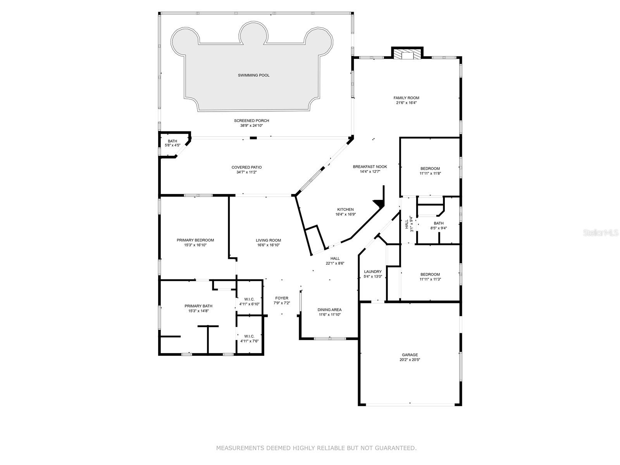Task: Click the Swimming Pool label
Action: pyautogui.click(x=253, y=75)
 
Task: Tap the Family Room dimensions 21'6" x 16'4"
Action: pyautogui.click(x=406, y=103)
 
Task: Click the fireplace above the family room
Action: pyautogui.click(x=407, y=55)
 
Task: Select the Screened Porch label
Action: pyautogui.click(x=251, y=121)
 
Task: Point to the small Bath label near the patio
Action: pyautogui.click(x=172, y=141)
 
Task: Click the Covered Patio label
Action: pyautogui.click(x=246, y=167)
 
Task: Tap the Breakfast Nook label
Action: pyautogui.click(x=370, y=167)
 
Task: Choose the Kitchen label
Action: pyautogui.click(x=345, y=209)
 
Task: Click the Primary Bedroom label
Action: pyautogui.click(x=195, y=240)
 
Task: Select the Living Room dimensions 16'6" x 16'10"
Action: pyautogui.click(x=268, y=245)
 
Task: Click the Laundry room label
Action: pyautogui.click(x=373, y=272)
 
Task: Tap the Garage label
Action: pyautogui.click(x=410, y=355)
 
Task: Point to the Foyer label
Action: pyautogui.click(x=282, y=298)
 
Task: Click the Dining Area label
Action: pyautogui.click(x=329, y=310)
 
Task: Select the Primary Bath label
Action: pyautogui.click(x=198, y=306)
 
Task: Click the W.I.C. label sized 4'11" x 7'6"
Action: pyautogui.click(x=249, y=336)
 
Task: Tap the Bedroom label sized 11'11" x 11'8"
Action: pyautogui.click(x=430, y=169)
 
